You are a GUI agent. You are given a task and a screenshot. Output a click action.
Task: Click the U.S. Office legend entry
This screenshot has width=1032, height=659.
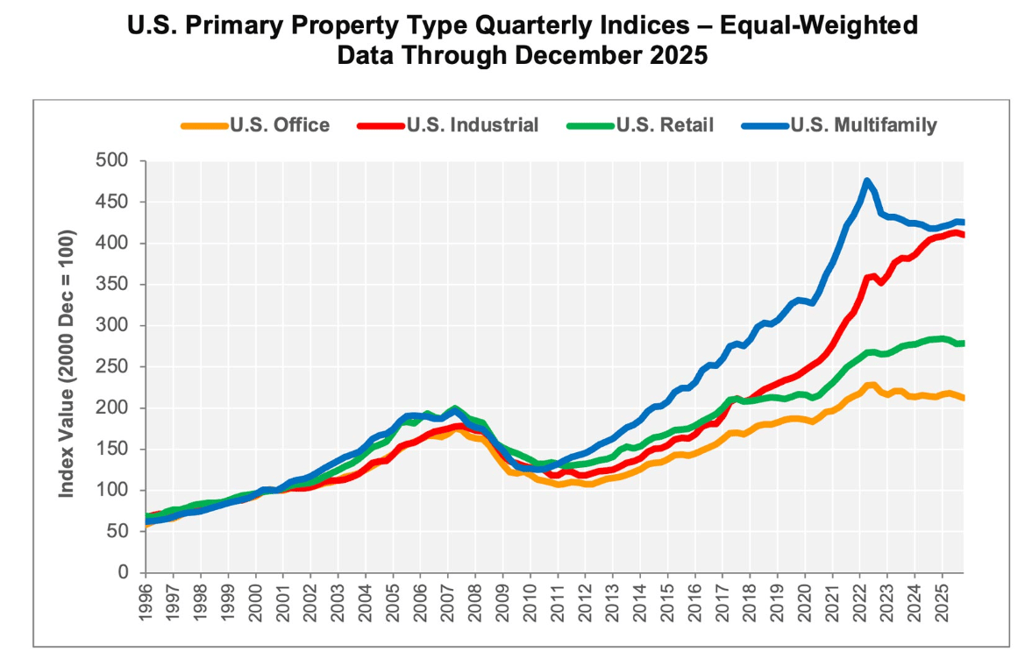280,125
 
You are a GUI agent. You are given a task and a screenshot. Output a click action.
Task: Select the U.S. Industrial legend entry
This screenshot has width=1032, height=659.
472,125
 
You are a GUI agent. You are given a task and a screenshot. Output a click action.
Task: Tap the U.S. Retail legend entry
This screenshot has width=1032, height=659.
664,125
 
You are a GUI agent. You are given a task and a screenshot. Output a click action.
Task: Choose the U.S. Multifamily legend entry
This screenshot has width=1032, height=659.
863,125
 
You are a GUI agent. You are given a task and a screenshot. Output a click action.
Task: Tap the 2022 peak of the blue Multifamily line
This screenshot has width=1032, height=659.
867,181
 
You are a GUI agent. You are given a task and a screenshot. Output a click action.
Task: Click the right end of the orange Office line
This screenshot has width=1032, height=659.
963,398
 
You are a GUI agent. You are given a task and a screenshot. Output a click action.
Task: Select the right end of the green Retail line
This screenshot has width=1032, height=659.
963,343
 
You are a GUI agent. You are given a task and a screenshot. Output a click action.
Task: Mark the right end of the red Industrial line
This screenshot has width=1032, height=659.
963,235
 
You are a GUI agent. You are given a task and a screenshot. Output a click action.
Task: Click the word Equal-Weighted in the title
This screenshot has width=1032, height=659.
819,25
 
